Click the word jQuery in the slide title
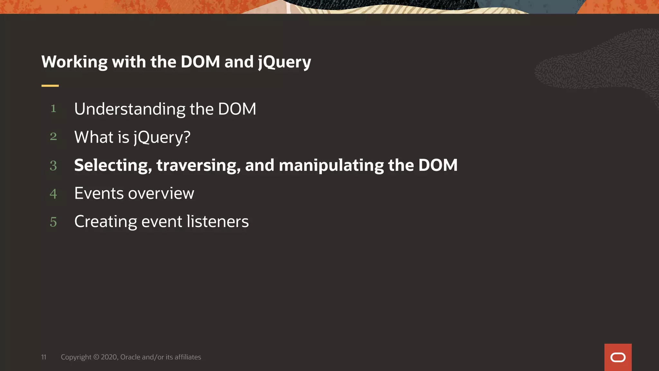point(284,62)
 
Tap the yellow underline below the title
point(50,86)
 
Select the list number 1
point(53,109)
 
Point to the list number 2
point(53,137)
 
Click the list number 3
point(53,166)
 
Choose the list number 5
point(53,222)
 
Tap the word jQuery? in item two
point(162,138)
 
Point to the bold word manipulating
point(331,166)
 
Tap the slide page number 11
point(44,357)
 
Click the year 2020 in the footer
point(109,357)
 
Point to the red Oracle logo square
point(618,357)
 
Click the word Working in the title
point(74,62)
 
